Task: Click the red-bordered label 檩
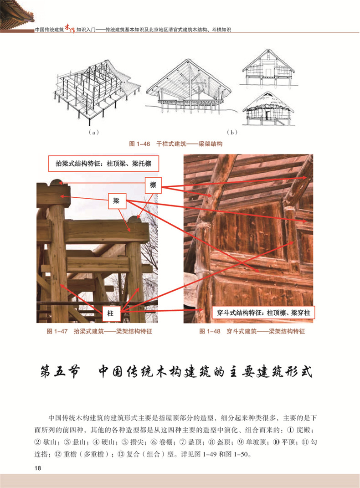coord(153,185)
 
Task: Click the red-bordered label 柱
coord(110,314)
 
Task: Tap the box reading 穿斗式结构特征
coord(264,313)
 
